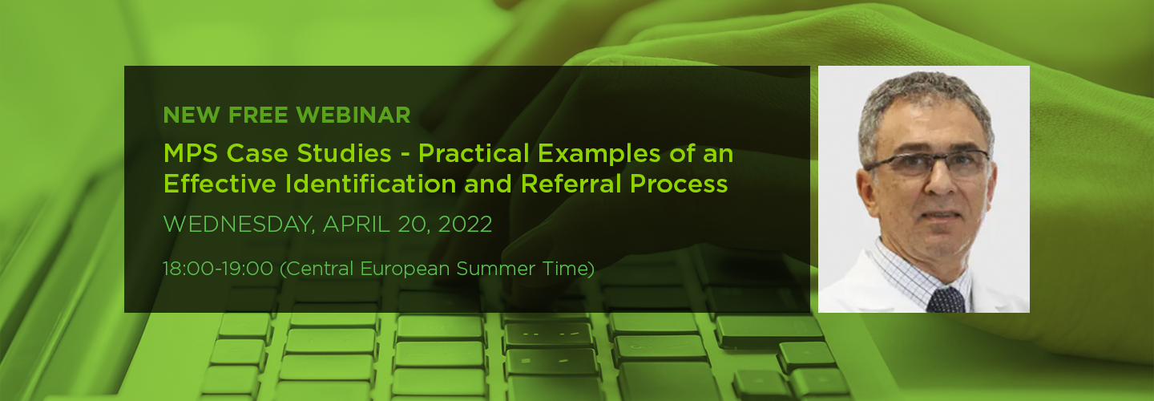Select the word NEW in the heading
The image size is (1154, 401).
[x=192, y=115]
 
